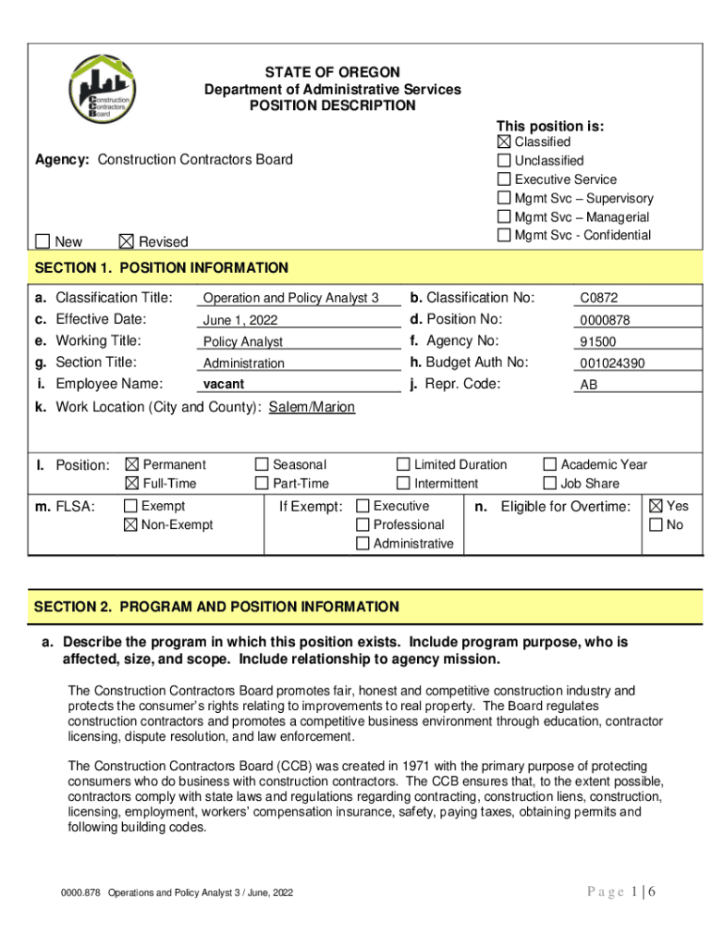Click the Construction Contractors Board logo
103,92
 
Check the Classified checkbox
504,141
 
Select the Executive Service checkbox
504,179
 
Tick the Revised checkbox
127,241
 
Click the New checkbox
43,241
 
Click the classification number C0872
599,299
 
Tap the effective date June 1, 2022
240,321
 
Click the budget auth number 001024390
612,363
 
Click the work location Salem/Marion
312,407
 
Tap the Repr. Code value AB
588,385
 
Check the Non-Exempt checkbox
132,524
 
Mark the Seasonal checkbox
262,464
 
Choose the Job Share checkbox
550,483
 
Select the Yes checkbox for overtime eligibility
656,506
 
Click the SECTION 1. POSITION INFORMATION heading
162,268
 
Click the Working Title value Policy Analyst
243,342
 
